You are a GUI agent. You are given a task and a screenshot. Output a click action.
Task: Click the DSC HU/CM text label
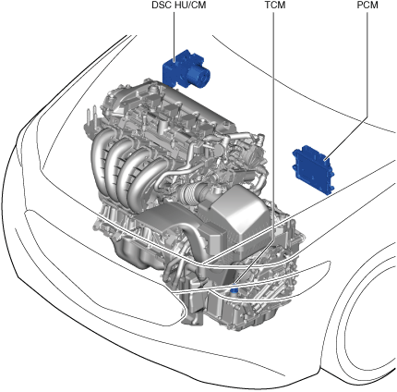pos(179,6)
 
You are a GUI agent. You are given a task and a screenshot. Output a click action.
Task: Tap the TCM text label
pos(275,6)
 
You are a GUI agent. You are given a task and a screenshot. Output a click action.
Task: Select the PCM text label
pos(367,6)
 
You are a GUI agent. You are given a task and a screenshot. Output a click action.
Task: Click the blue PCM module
pos(313,169)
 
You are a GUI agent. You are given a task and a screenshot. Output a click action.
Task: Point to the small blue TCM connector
pos(235,289)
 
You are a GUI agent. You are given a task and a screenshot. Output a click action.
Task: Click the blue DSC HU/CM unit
pos(186,69)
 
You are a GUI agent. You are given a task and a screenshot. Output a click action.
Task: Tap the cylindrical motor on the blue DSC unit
pos(199,77)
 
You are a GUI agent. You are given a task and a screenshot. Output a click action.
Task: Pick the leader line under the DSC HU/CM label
pos(174,36)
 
